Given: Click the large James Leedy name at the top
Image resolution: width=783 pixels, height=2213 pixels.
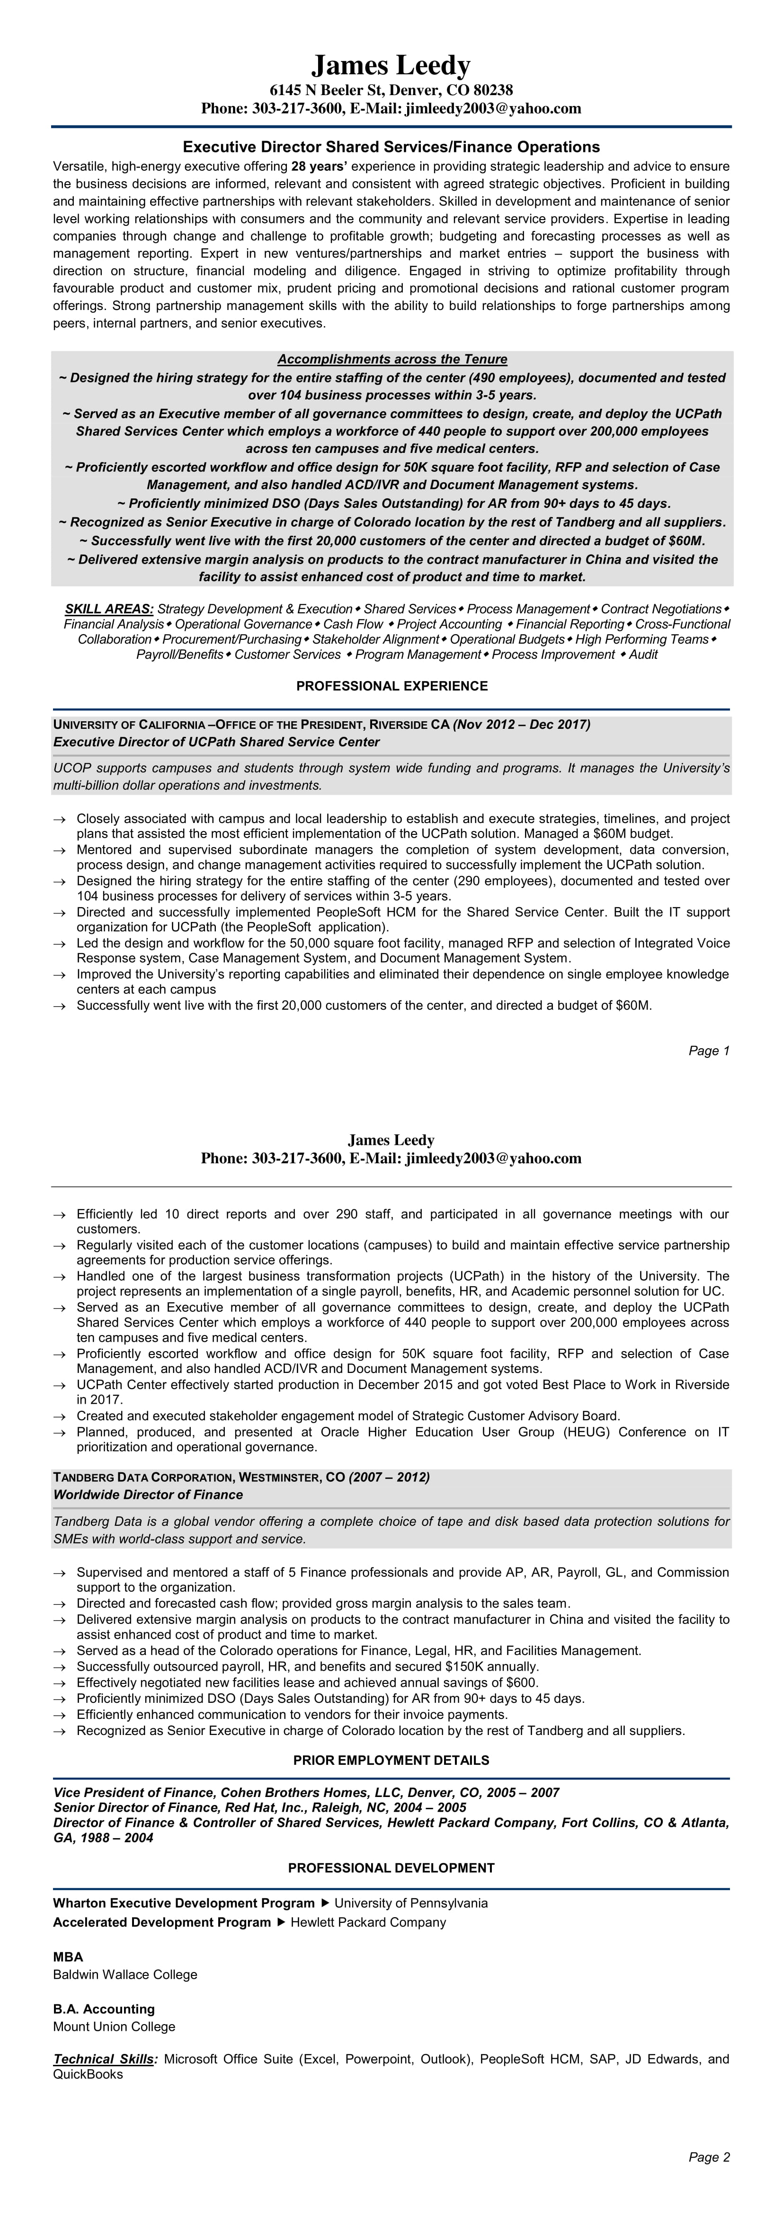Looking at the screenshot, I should click(x=391, y=65).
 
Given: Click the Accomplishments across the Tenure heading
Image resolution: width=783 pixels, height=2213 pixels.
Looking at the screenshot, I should click(x=392, y=359).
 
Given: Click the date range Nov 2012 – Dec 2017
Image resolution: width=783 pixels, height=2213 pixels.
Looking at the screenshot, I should click(x=523, y=724).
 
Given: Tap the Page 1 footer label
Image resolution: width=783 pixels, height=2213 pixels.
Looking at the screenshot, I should click(x=709, y=1051).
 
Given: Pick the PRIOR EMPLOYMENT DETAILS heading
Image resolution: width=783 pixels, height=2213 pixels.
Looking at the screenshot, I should click(x=391, y=1760).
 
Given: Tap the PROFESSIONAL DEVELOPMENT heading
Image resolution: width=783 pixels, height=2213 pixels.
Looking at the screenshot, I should click(x=391, y=1868).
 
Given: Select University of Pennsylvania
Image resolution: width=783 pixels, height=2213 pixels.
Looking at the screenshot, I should click(x=411, y=1903).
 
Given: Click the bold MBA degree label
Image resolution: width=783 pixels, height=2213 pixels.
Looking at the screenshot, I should click(x=68, y=1957).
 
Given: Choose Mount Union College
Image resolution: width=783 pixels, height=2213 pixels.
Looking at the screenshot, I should click(x=114, y=2027).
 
